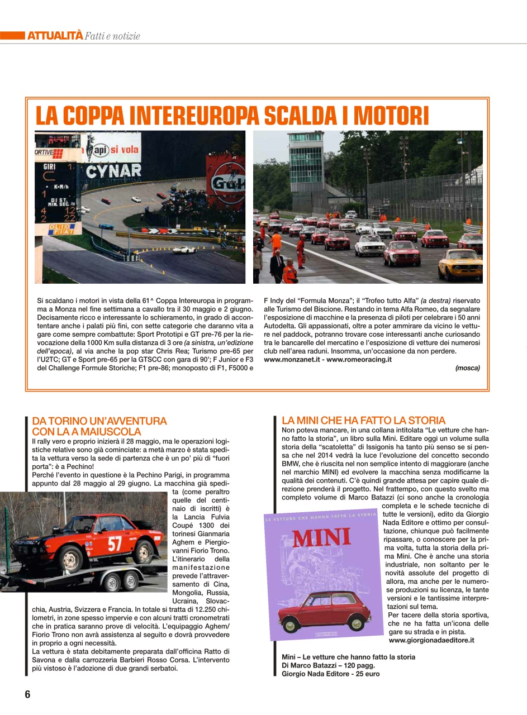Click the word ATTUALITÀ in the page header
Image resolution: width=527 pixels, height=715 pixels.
point(55,36)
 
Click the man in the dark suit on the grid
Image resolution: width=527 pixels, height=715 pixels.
point(277,265)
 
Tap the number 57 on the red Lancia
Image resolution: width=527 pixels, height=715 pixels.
point(115,542)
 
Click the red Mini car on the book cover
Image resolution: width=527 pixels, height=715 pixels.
point(327,610)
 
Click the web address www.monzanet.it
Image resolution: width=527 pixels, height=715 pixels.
point(291,359)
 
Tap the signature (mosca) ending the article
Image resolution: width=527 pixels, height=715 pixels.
point(467,368)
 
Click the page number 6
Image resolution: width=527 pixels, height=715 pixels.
point(27,694)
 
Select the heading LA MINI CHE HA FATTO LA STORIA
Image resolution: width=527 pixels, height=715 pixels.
point(363,420)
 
